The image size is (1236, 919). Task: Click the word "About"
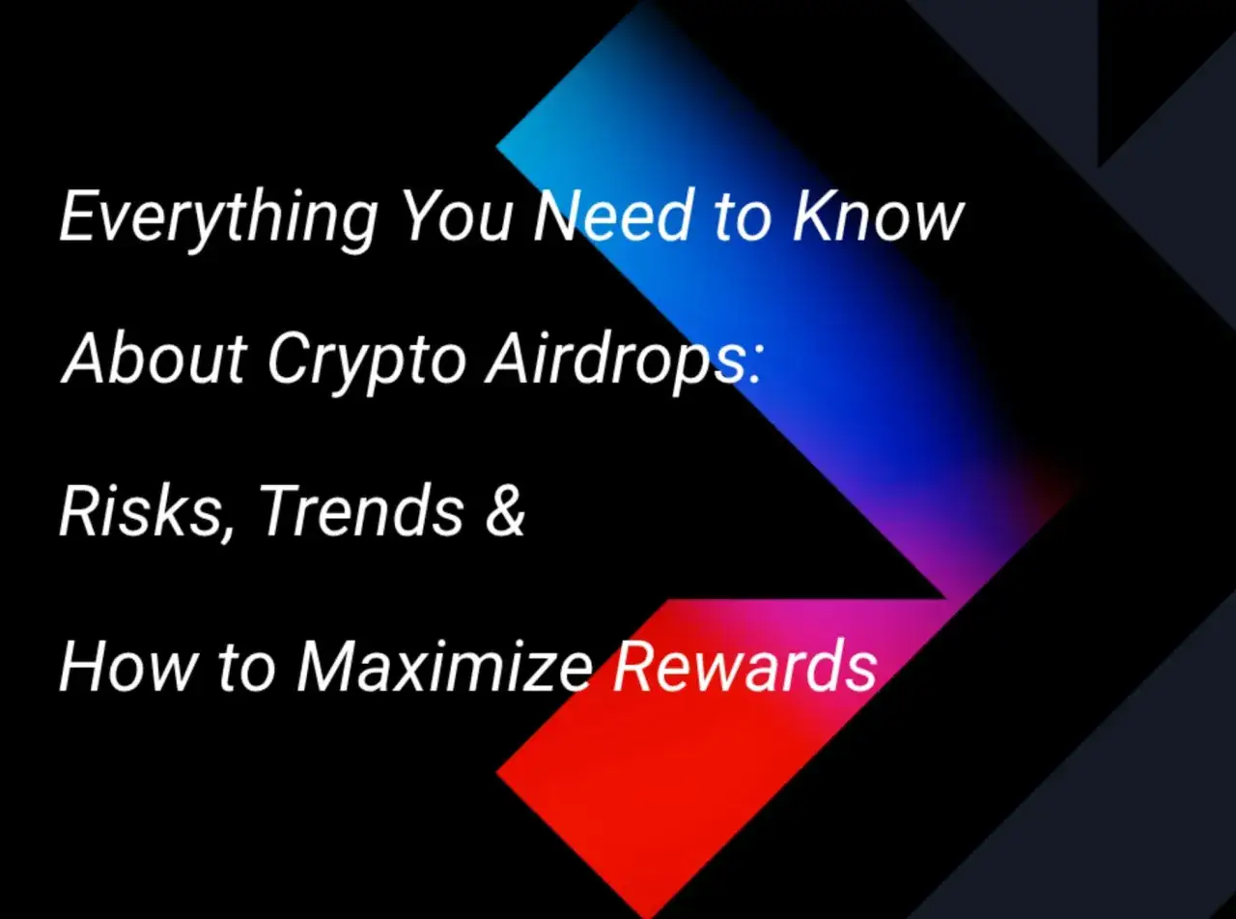[x=154, y=359]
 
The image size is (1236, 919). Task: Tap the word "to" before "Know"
[x=744, y=218]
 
